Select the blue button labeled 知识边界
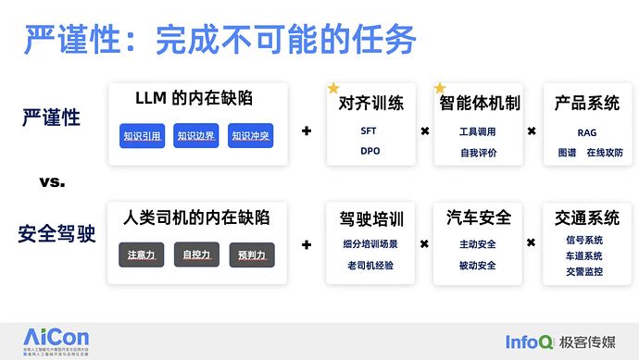click(196, 137)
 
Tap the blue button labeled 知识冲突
click(250, 137)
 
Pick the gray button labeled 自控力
click(196, 254)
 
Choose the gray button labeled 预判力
click(250, 254)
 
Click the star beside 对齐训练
click(333, 88)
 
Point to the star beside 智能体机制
click(440, 88)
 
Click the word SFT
click(369, 130)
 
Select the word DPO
click(370, 151)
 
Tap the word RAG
click(586, 133)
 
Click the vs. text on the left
click(52, 182)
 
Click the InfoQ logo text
click(529, 341)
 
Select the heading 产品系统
click(587, 103)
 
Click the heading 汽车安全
click(478, 218)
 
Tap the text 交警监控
click(583, 272)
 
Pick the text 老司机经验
click(370, 267)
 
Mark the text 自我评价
click(478, 152)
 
